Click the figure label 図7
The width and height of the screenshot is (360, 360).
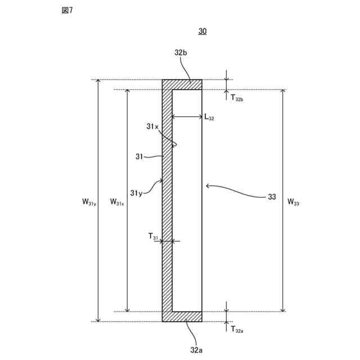click(x=67, y=11)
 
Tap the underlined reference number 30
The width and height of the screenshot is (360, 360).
click(x=202, y=31)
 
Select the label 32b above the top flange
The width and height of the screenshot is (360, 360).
click(x=181, y=53)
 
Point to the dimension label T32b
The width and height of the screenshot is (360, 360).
click(x=236, y=98)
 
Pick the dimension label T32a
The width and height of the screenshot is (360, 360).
click(x=236, y=330)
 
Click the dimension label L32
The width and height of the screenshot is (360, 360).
click(x=209, y=118)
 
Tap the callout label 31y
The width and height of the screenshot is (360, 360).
click(x=137, y=193)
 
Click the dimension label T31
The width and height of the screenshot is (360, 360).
click(x=154, y=237)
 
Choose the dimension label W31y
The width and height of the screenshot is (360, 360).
click(x=89, y=201)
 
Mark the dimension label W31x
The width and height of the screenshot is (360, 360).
click(x=117, y=201)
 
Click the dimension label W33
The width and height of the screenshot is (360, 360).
click(x=292, y=201)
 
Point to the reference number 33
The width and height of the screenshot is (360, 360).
click(x=272, y=196)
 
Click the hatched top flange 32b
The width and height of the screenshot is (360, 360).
click(x=182, y=84)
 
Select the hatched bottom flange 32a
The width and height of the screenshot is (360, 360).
click(x=182, y=317)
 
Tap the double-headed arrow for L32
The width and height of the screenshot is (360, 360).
click(x=187, y=117)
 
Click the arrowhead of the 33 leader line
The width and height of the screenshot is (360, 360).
click(x=208, y=184)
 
